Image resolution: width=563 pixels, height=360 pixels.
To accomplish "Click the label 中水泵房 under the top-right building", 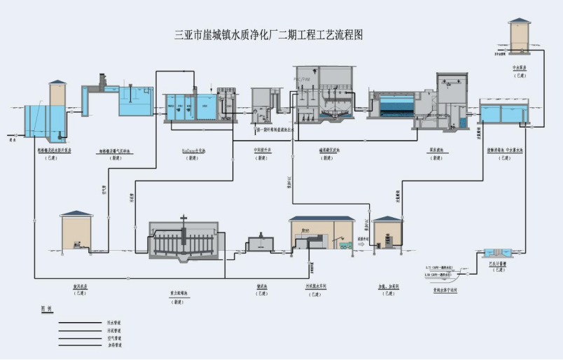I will [x=519, y=68].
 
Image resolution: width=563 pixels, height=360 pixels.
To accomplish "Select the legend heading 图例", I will [x=47, y=308].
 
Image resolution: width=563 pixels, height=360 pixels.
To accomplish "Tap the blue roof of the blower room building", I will [x=77, y=213].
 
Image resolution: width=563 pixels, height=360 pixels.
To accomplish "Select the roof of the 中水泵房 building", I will [x=520, y=21].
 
